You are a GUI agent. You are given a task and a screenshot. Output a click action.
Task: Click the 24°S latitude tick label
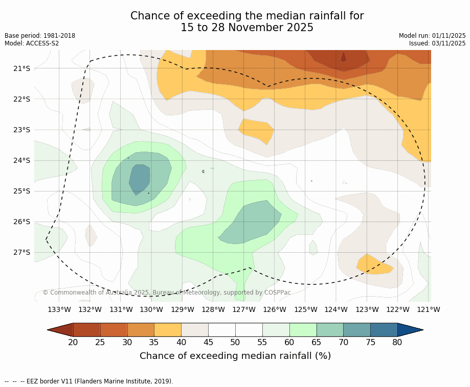click(x=21, y=160)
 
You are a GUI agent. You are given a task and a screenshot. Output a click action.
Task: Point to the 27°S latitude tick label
click(x=21, y=252)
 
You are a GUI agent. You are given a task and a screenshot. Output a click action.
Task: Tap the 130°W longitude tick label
click(x=151, y=309)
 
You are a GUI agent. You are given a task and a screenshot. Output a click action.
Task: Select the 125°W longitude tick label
click(x=305, y=309)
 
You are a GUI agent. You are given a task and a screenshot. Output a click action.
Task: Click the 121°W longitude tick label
click(x=429, y=309)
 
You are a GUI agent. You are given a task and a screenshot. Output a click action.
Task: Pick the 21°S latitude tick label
click(x=21, y=68)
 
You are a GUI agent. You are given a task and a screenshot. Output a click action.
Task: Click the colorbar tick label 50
click(x=235, y=342)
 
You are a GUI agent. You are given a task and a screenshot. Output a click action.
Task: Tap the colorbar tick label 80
click(x=397, y=342)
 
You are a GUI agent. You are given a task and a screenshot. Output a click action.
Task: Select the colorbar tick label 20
click(x=73, y=342)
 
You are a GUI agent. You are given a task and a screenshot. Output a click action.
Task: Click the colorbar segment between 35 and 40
click(x=168, y=330)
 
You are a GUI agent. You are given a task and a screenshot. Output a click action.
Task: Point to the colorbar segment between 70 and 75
click(x=356, y=330)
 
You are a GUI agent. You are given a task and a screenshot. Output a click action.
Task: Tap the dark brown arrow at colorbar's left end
click(x=60, y=330)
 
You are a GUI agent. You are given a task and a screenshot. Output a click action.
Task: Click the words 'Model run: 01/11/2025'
click(x=432, y=36)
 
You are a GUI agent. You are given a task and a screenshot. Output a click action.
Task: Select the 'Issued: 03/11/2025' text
click(x=437, y=43)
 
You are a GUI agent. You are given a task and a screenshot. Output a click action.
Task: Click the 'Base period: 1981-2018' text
click(x=40, y=36)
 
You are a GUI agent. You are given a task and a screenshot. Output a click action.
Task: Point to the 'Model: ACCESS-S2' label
click(x=32, y=43)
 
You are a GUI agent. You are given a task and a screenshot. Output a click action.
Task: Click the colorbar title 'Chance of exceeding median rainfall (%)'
click(x=235, y=356)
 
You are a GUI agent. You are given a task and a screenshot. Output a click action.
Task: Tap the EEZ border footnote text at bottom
click(x=89, y=381)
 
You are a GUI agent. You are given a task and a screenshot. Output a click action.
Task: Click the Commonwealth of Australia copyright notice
click(x=167, y=293)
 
